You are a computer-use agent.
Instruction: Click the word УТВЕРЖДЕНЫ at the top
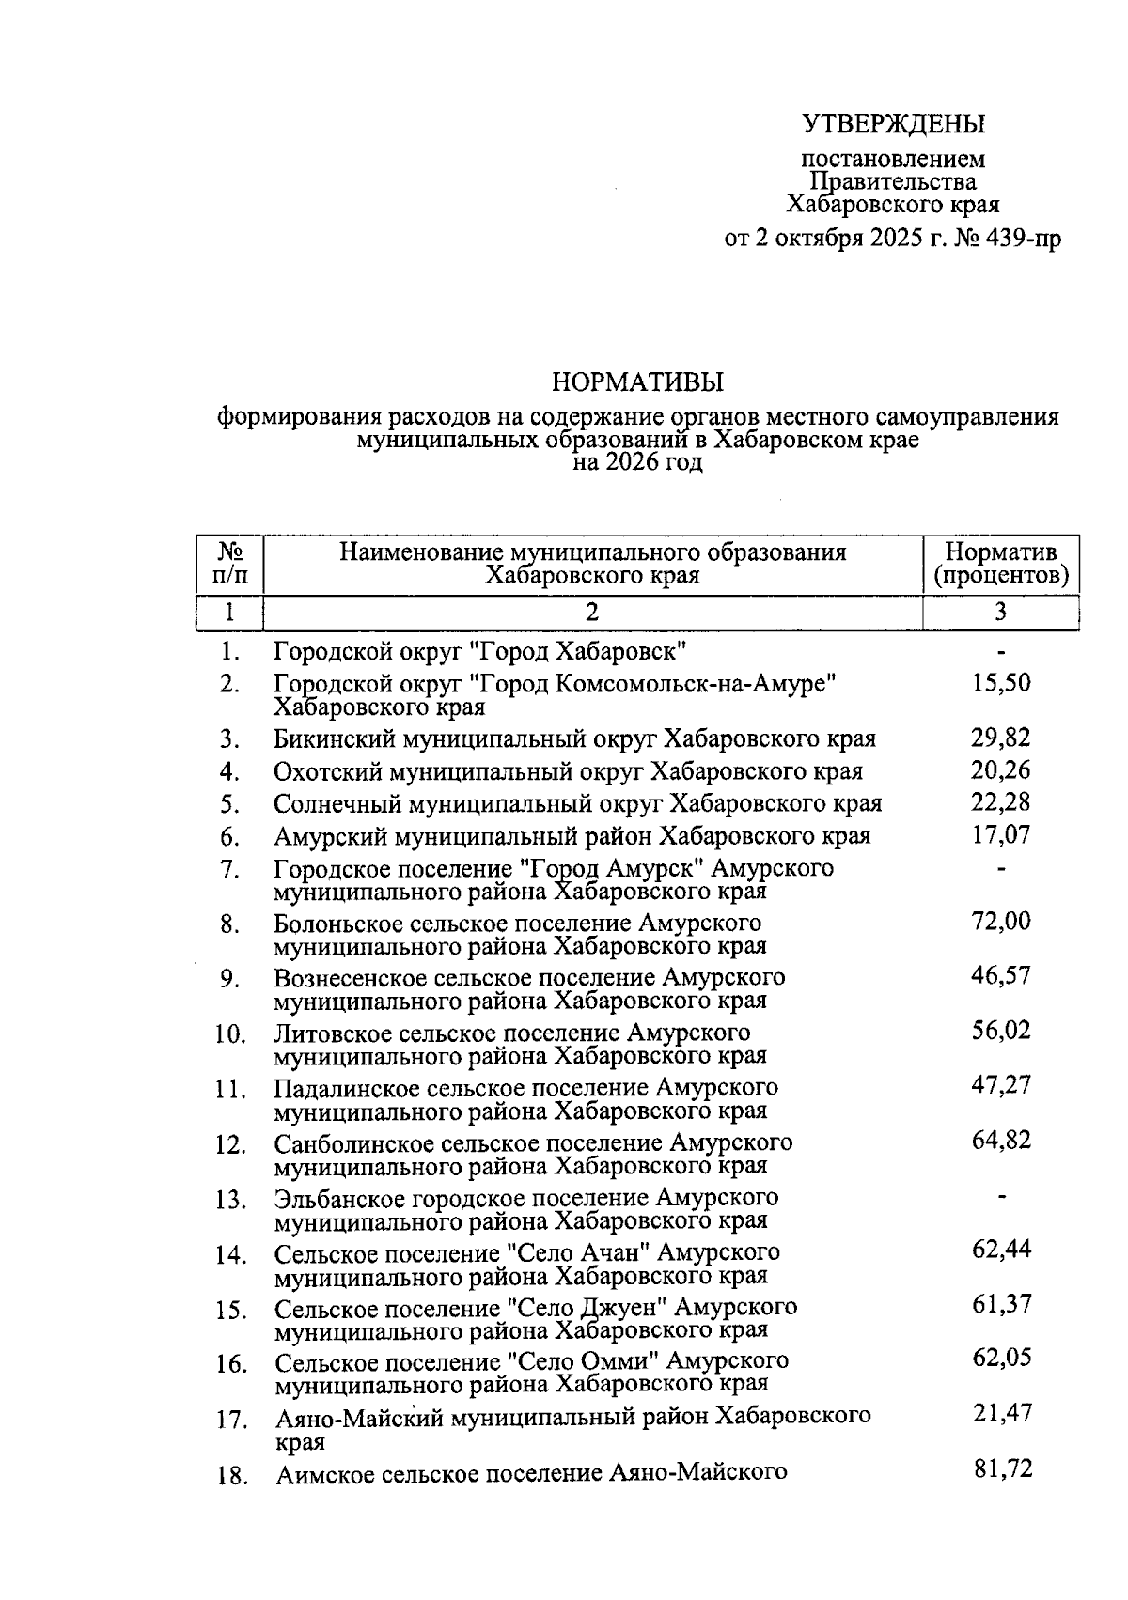[893, 123]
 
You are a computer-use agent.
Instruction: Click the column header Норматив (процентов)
[1000, 563]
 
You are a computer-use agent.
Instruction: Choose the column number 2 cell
[592, 613]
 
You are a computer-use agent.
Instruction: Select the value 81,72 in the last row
[1002, 1468]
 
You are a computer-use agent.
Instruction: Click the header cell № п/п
[229, 563]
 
